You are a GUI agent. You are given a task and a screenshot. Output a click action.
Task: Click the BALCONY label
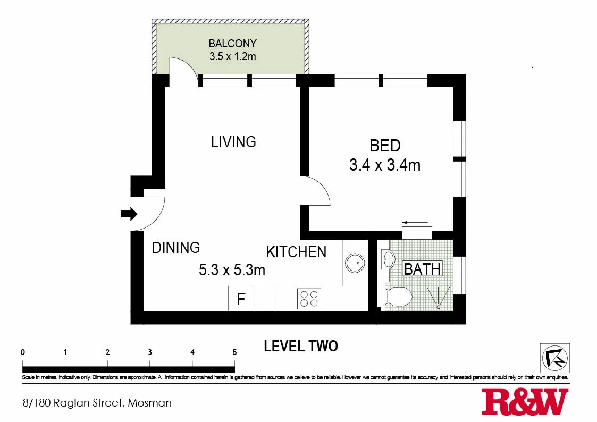coord(232,44)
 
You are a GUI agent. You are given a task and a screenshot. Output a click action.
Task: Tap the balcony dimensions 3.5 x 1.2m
coord(232,56)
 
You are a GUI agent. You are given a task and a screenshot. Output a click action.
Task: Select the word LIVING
coord(233,142)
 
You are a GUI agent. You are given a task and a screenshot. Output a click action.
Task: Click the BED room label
coord(385,146)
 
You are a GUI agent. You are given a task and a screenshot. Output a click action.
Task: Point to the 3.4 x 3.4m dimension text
coord(385,165)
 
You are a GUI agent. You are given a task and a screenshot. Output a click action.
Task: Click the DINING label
coord(176,248)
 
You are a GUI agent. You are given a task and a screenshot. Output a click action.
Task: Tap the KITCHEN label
coord(296,252)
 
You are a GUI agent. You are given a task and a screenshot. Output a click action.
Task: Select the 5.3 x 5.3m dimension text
coord(232,270)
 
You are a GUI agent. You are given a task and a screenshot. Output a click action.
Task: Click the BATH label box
coord(422,269)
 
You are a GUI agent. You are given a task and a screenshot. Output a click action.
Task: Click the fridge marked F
coord(241,299)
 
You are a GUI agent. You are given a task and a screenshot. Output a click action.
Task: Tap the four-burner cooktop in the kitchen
coord(309,299)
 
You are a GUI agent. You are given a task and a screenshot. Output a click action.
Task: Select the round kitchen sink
coord(355,263)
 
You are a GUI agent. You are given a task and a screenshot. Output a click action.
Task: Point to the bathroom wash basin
coord(388,259)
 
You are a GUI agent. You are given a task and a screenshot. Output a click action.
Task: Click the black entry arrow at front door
coord(129,214)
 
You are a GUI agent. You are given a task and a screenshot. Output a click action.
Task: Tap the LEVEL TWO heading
coord(301,346)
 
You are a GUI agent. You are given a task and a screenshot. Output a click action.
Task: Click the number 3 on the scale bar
coord(150,352)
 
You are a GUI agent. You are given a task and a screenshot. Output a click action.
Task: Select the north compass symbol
coord(555,358)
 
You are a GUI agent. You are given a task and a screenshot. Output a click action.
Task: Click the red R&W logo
coord(525,402)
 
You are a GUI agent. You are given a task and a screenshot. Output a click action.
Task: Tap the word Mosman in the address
coord(149,402)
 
